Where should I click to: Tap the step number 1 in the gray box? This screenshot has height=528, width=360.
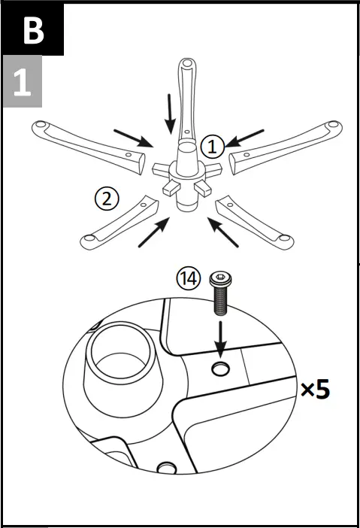click(x=22, y=83)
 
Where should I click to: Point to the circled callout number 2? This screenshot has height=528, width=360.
click(x=107, y=199)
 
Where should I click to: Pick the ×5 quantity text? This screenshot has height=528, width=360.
click(x=314, y=390)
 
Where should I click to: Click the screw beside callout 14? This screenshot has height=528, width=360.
click(x=221, y=293)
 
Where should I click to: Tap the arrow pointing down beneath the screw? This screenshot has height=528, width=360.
click(x=220, y=338)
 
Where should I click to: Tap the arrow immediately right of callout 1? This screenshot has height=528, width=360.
click(x=246, y=138)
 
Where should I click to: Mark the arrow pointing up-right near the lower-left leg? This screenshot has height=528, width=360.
click(x=153, y=233)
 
